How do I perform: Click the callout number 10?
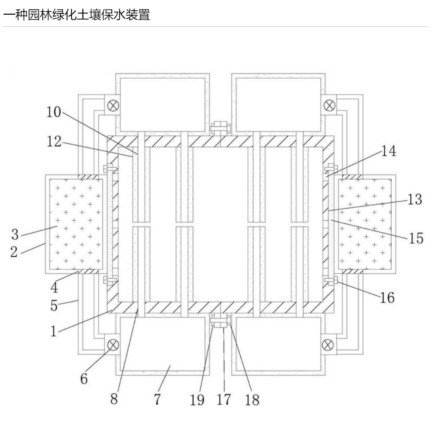pos(53,112)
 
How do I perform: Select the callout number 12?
pos(53,142)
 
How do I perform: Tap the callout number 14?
pos(388,151)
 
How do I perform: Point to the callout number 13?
pos(414,200)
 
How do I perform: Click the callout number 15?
pos(416,238)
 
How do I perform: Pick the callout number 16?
pos(387,298)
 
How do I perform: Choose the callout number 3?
pos(15,235)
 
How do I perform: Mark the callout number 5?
pos(54,306)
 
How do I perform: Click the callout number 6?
pos(84,379)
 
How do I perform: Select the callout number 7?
pos(157,399)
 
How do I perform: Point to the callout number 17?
pos(224,399)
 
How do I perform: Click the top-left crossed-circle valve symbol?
pos(113,105)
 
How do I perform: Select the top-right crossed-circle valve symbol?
pos(329,105)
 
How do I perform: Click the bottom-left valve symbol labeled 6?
pos(113,345)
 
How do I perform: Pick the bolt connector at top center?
pos(220,128)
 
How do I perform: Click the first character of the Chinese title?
pos(8,16)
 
